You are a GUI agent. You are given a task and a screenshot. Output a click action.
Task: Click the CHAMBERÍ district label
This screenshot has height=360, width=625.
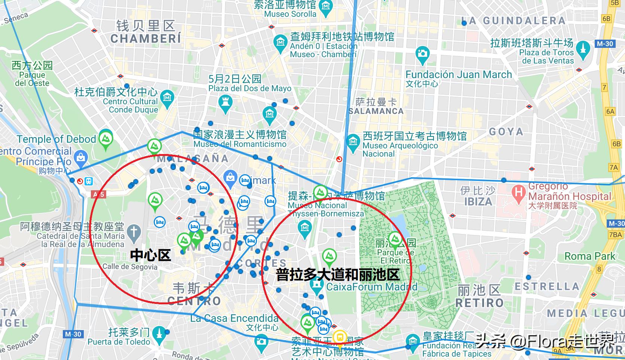145,39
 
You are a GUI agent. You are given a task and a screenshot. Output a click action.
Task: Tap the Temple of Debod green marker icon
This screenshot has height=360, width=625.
106,139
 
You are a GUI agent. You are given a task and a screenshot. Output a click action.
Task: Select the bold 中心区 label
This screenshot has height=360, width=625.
150,255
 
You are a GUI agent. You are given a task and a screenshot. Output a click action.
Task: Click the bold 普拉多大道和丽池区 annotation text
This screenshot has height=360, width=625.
337,275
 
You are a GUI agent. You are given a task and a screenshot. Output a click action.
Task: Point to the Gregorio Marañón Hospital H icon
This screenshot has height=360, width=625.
519,194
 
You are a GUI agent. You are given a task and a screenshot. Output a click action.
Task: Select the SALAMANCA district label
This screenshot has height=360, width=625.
376,111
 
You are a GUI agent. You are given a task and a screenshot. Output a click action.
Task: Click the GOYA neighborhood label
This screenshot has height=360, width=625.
506,132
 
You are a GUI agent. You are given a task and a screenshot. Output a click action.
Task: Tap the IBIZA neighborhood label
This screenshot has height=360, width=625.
478,202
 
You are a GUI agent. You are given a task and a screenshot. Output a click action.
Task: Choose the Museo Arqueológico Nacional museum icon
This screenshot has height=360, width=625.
353,142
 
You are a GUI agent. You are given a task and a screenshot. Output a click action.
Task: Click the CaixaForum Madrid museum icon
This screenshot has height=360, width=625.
317,286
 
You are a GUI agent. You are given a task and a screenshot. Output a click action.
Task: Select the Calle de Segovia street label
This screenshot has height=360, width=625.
130,267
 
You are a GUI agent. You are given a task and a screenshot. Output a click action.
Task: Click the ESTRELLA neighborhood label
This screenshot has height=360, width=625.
546,287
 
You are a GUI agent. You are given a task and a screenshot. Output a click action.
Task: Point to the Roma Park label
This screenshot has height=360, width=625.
589,256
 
